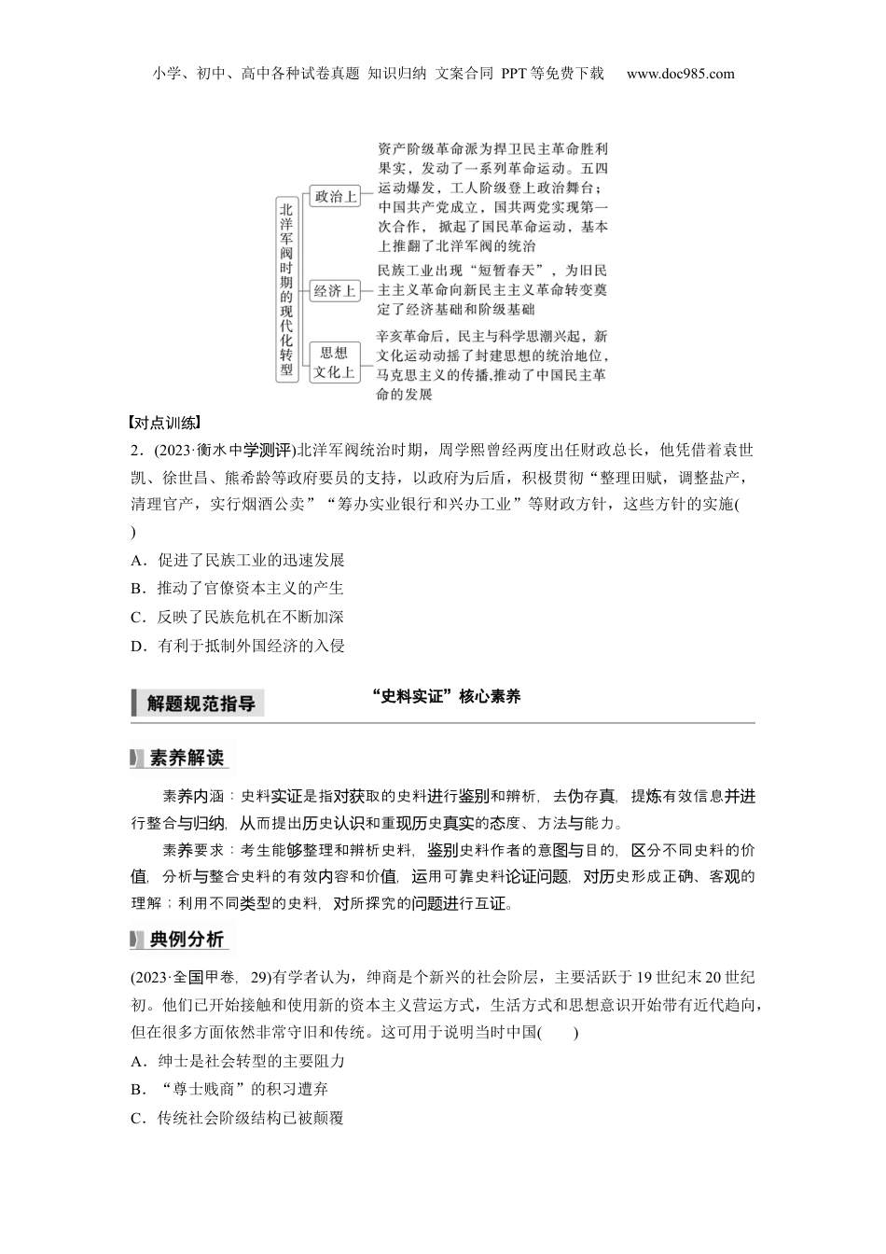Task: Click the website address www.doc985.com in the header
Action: pos(680,74)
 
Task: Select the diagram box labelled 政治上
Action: pos(334,196)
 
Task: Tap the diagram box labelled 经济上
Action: pos(334,290)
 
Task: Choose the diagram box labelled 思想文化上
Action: pos(334,362)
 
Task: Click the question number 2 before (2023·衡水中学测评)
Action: pos(136,451)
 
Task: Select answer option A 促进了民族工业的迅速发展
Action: pos(239,560)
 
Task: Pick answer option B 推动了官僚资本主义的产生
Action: pos(239,588)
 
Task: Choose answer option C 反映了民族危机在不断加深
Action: pos(239,617)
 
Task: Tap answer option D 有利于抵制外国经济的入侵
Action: pos(239,646)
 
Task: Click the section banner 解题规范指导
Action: pos(200,704)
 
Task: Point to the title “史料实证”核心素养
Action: pos(445,696)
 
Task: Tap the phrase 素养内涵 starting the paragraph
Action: pos(193,796)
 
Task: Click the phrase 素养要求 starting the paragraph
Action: pos(193,850)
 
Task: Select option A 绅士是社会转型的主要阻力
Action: pos(239,1061)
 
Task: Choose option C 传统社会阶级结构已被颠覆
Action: pos(239,1117)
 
